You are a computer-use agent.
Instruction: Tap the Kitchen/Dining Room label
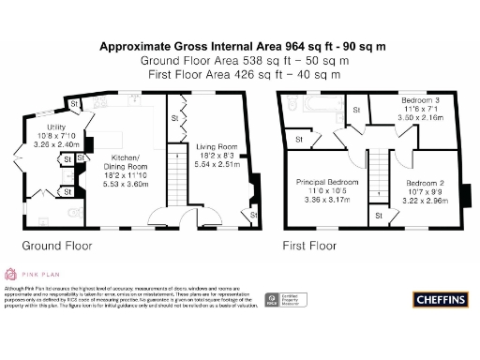pos(125,157)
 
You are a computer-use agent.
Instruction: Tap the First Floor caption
pos(309,247)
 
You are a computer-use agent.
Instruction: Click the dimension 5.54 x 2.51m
pos(217,164)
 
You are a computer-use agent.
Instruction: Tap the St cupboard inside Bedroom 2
pos(378,216)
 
